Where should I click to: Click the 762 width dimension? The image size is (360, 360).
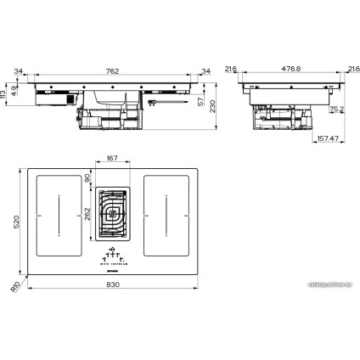(112, 70)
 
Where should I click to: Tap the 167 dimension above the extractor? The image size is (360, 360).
(112, 158)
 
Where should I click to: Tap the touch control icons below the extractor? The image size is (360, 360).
(112, 254)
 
